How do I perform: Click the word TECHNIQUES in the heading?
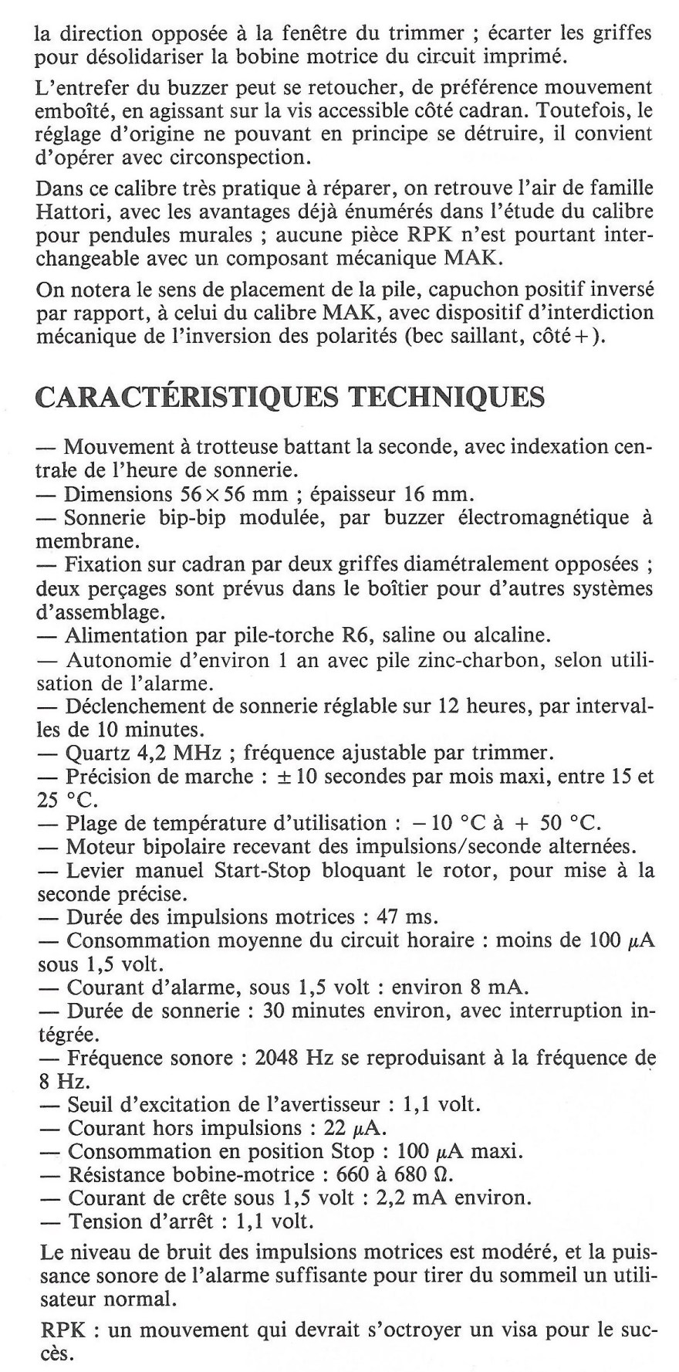(447, 397)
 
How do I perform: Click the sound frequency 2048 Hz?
(294, 1059)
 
